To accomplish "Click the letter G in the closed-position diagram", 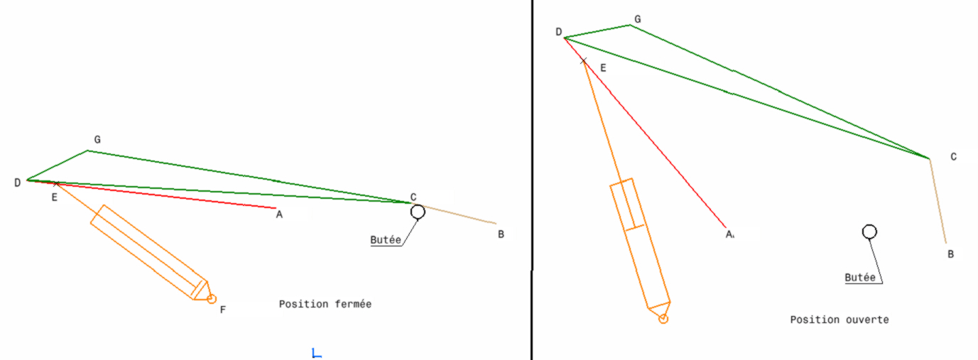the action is tap(97, 140).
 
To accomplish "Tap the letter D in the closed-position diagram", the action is tap(17, 183).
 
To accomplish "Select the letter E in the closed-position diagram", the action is tap(54, 197).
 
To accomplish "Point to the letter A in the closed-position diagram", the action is tap(280, 214).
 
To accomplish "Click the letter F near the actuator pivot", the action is tap(222, 310).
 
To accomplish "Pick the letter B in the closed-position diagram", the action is tap(501, 234).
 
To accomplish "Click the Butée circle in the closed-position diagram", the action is tap(418, 211).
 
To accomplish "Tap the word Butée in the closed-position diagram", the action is tap(386, 240).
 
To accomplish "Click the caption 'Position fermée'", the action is tap(325, 304).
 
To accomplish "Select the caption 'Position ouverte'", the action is tap(840, 320).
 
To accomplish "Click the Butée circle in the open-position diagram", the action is tap(869, 231).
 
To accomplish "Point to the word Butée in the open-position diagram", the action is tap(860, 278).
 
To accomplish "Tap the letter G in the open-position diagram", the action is tap(637, 19).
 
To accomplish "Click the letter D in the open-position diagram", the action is tap(558, 32).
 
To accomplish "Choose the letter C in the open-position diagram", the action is tap(954, 156).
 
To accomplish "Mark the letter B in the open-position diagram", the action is tap(950, 253).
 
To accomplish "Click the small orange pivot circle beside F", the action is tap(211, 299).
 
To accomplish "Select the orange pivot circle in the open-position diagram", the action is tap(663, 320).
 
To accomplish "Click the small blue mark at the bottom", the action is tap(317, 353).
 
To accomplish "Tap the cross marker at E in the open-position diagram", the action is tap(584, 61).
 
